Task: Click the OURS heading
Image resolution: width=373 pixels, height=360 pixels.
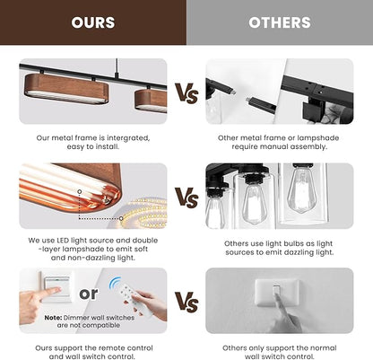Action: point(93,22)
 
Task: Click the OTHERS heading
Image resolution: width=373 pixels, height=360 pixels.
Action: point(280,22)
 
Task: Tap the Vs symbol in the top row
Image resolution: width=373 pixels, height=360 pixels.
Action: point(186,93)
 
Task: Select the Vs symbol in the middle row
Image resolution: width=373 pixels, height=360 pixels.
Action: point(186,198)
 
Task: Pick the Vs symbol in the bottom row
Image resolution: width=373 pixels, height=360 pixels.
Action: point(186,303)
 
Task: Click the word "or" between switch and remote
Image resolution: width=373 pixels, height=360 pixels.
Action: point(89,294)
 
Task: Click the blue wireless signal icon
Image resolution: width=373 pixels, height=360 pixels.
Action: point(115,283)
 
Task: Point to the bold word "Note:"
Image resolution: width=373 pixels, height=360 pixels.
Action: point(53,318)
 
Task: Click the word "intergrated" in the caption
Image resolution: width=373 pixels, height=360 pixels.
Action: point(128,138)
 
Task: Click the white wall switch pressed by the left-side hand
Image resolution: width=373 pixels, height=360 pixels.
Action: point(56,286)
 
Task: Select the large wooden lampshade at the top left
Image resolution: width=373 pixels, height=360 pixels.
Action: point(66,89)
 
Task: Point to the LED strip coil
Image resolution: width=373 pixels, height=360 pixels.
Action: point(143,214)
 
